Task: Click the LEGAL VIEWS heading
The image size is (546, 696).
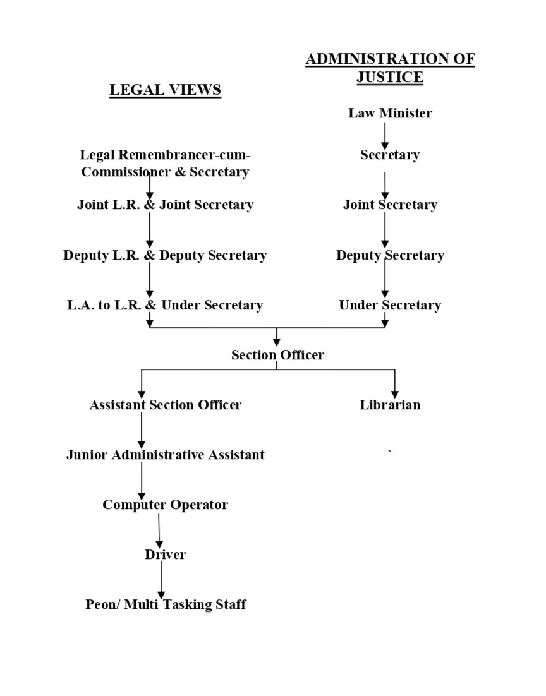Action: pyautogui.click(x=165, y=90)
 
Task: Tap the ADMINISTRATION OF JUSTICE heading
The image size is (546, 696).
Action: pyautogui.click(x=390, y=68)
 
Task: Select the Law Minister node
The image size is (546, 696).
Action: pyautogui.click(x=390, y=113)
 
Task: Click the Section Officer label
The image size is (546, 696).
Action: pyautogui.click(x=277, y=355)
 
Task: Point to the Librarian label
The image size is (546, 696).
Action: pyautogui.click(x=390, y=405)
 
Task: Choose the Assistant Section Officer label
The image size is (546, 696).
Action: pyautogui.click(x=165, y=405)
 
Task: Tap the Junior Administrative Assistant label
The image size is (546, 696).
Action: pyautogui.click(x=165, y=455)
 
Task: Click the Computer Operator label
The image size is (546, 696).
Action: pyautogui.click(x=165, y=505)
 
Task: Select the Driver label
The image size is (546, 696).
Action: pyautogui.click(x=165, y=555)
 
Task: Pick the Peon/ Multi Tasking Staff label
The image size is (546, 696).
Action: pyautogui.click(x=166, y=604)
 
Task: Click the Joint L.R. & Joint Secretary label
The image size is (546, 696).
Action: pyautogui.click(x=165, y=205)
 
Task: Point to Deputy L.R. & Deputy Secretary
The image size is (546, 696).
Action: pyautogui.click(x=165, y=255)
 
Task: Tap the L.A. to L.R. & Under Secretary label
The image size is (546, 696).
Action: pyautogui.click(x=165, y=305)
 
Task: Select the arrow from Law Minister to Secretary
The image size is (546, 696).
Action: pyautogui.click(x=385, y=135)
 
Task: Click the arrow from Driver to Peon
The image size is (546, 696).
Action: pyautogui.click(x=161, y=580)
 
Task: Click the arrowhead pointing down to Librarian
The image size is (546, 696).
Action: pyautogui.click(x=395, y=394)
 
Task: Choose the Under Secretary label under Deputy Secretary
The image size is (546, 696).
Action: pyautogui.click(x=390, y=305)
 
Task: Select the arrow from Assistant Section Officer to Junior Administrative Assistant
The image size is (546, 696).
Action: pyautogui.click(x=142, y=430)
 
